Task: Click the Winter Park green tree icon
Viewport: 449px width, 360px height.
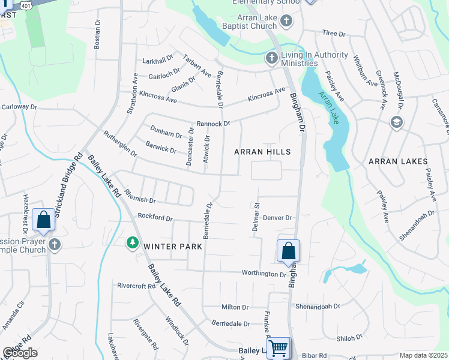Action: tap(132, 242)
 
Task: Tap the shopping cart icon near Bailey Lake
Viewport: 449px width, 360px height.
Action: tap(278, 347)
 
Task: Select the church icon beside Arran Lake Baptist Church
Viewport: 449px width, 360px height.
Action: tap(286, 22)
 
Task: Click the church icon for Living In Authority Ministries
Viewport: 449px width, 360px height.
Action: tap(271, 59)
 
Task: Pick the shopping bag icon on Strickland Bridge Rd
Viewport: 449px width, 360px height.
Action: tap(44, 220)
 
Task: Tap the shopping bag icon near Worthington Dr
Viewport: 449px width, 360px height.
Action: tap(288, 250)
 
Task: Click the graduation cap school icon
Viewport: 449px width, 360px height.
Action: tap(396, 122)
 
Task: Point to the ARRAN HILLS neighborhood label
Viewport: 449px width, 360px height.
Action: tap(262, 152)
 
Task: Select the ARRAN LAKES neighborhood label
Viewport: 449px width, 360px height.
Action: tap(398, 161)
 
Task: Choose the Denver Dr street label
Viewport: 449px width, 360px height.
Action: tap(277, 218)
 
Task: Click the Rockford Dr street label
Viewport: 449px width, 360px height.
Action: tap(155, 217)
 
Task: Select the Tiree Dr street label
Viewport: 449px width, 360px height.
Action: tap(334, 34)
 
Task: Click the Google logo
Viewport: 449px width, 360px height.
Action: tap(20, 353)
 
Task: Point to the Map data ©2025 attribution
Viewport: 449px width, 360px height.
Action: tap(423, 355)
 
